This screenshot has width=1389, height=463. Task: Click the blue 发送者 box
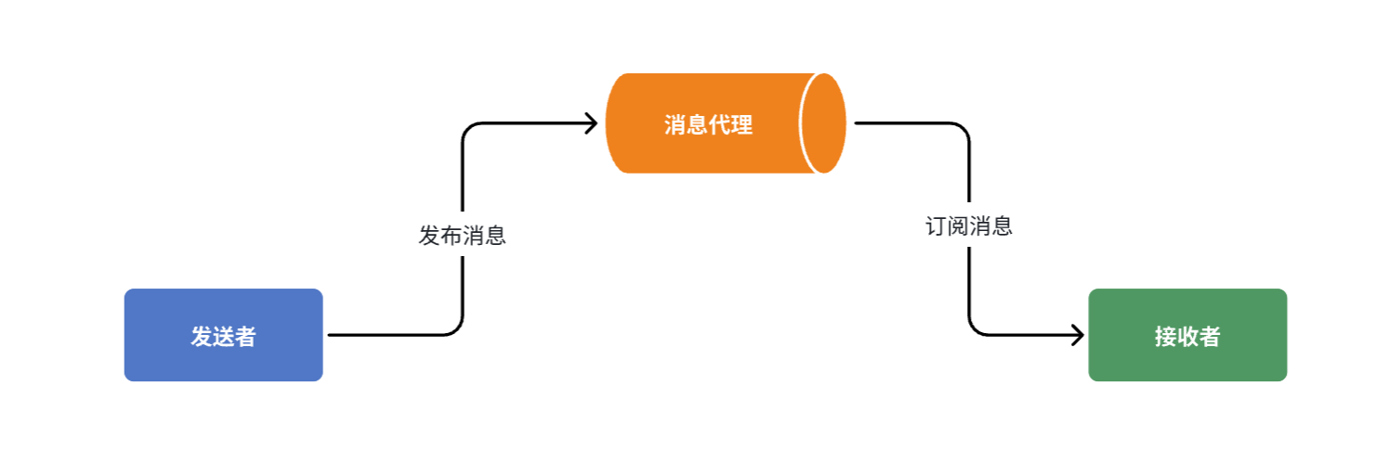tap(223, 335)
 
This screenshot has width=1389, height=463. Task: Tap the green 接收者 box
tap(1187, 335)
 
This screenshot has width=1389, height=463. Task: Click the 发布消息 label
tap(462, 236)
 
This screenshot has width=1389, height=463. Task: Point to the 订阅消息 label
tap(969, 226)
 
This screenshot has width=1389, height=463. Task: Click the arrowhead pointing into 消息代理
tap(591, 123)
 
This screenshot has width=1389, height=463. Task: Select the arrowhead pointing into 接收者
tap(1078, 335)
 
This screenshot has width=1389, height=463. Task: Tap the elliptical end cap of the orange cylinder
tap(823, 123)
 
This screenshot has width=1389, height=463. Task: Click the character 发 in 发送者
tap(202, 337)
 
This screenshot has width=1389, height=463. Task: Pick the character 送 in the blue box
tap(223, 337)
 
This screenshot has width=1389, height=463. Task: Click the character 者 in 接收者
tap(1209, 337)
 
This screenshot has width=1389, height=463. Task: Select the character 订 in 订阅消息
tap(937, 226)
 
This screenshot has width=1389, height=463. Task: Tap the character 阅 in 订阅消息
tap(959, 226)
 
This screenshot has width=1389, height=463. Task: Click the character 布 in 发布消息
tap(452, 236)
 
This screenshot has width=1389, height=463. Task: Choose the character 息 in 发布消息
tap(495, 236)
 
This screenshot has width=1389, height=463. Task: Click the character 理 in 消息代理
tap(741, 125)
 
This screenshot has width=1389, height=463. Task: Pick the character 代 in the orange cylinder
tap(719, 125)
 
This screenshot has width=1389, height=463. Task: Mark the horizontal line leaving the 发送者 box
tap(390, 335)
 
